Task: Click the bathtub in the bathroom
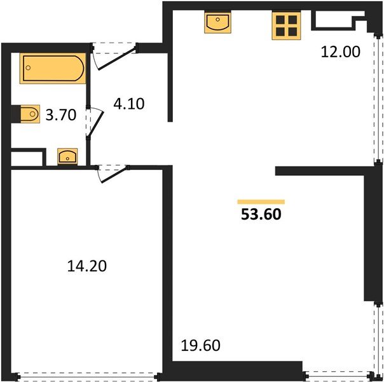pyautogui.click(x=53, y=68)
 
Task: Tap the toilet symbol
pyautogui.click(x=30, y=114)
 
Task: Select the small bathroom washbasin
pyautogui.click(x=67, y=157)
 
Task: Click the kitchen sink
pyautogui.click(x=217, y=22)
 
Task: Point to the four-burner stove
pyautogui.click(x=286, y=25)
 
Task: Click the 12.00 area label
pyautogui.click(x=340, y=52)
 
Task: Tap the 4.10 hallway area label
pyautogui.click(x=129, y=104)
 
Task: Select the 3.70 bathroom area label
pyautogui.click(x=61, y=115)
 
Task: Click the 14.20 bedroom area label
pyautogui.click(x=86, y=266)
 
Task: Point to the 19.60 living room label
pyautogui.click(x=200, y=345)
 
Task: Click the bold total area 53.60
pyautogui.click(x=261, y=215)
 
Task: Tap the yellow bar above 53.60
pyautogui.click(x=261, y=202)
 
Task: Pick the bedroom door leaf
pyautogui.click(x=115, y=174)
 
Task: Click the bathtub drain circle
pyautogui.click(x=29, y=67)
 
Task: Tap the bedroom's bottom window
pyautogui.click(x=88, y=377)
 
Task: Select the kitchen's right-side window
pyautogui.click(x=378, y=98)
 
